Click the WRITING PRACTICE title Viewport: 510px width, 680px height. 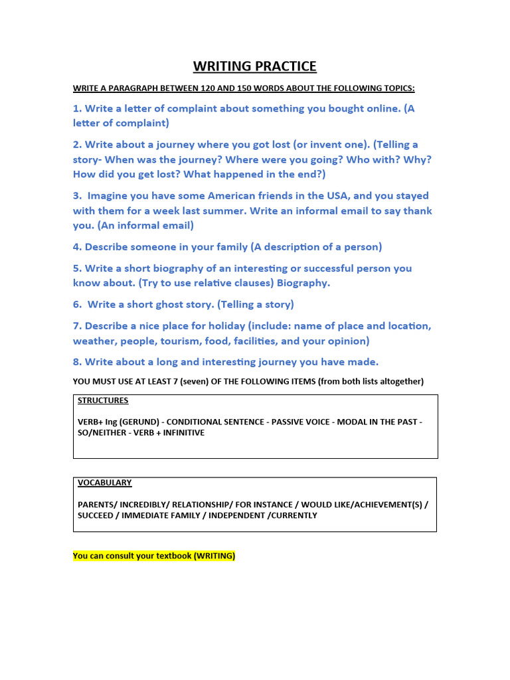coord(255,66)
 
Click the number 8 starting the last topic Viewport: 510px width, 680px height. coord(76,362)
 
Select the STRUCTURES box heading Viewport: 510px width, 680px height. coord(103,400)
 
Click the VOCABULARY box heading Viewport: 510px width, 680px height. coord(104,483)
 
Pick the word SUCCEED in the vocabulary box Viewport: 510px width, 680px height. coord(95,515)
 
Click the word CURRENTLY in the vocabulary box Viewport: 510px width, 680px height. coord(292,515)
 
